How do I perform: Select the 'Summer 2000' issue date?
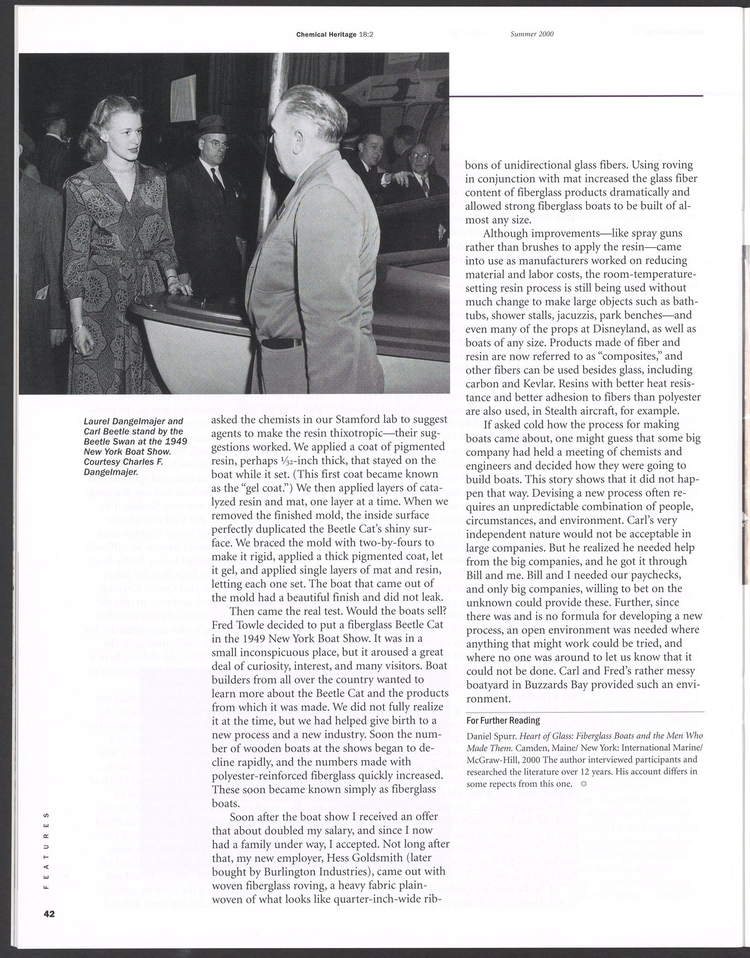coord(532,35)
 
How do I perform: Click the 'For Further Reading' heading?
coord(503,720)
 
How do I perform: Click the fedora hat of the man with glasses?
coord(210,124)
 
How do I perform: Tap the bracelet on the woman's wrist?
coord(79,327)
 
